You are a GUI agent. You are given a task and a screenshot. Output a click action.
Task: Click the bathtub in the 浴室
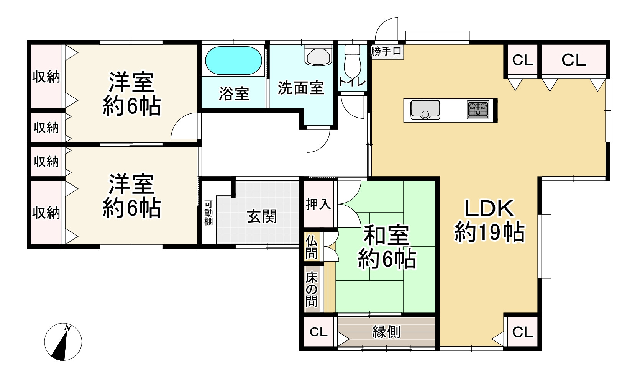coord(233,61)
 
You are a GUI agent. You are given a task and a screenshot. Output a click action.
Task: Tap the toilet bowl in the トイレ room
coord(352,61)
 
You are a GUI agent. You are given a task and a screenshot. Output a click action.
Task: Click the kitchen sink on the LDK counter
coord(425,110)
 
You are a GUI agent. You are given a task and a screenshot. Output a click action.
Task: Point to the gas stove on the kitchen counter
coord(478,110)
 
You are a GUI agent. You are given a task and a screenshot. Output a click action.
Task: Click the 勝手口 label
coord(386,51)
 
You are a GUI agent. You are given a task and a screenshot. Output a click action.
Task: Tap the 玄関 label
coord(262,217)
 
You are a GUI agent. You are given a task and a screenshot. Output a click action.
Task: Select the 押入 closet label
coord(318,204)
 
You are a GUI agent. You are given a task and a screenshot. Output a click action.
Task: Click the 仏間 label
coord(312,247)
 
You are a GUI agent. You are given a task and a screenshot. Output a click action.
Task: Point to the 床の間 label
coord(312,290)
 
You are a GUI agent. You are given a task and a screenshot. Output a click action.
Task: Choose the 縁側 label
coord(386,332)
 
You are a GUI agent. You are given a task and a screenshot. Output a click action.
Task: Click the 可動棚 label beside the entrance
coord(208,213)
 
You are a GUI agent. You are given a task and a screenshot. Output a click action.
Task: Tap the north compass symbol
coord(63,342)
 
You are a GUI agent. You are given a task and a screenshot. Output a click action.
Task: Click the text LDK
coord(489,209)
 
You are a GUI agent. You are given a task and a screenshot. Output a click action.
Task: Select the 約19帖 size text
coord(489,232)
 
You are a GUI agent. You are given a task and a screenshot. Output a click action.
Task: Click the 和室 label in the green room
coord(386,235)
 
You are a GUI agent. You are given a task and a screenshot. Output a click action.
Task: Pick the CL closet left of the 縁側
coord(318,332)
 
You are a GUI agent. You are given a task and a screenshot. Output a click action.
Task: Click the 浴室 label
coord(234,93)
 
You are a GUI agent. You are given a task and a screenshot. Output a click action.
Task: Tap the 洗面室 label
coord(301,88)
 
